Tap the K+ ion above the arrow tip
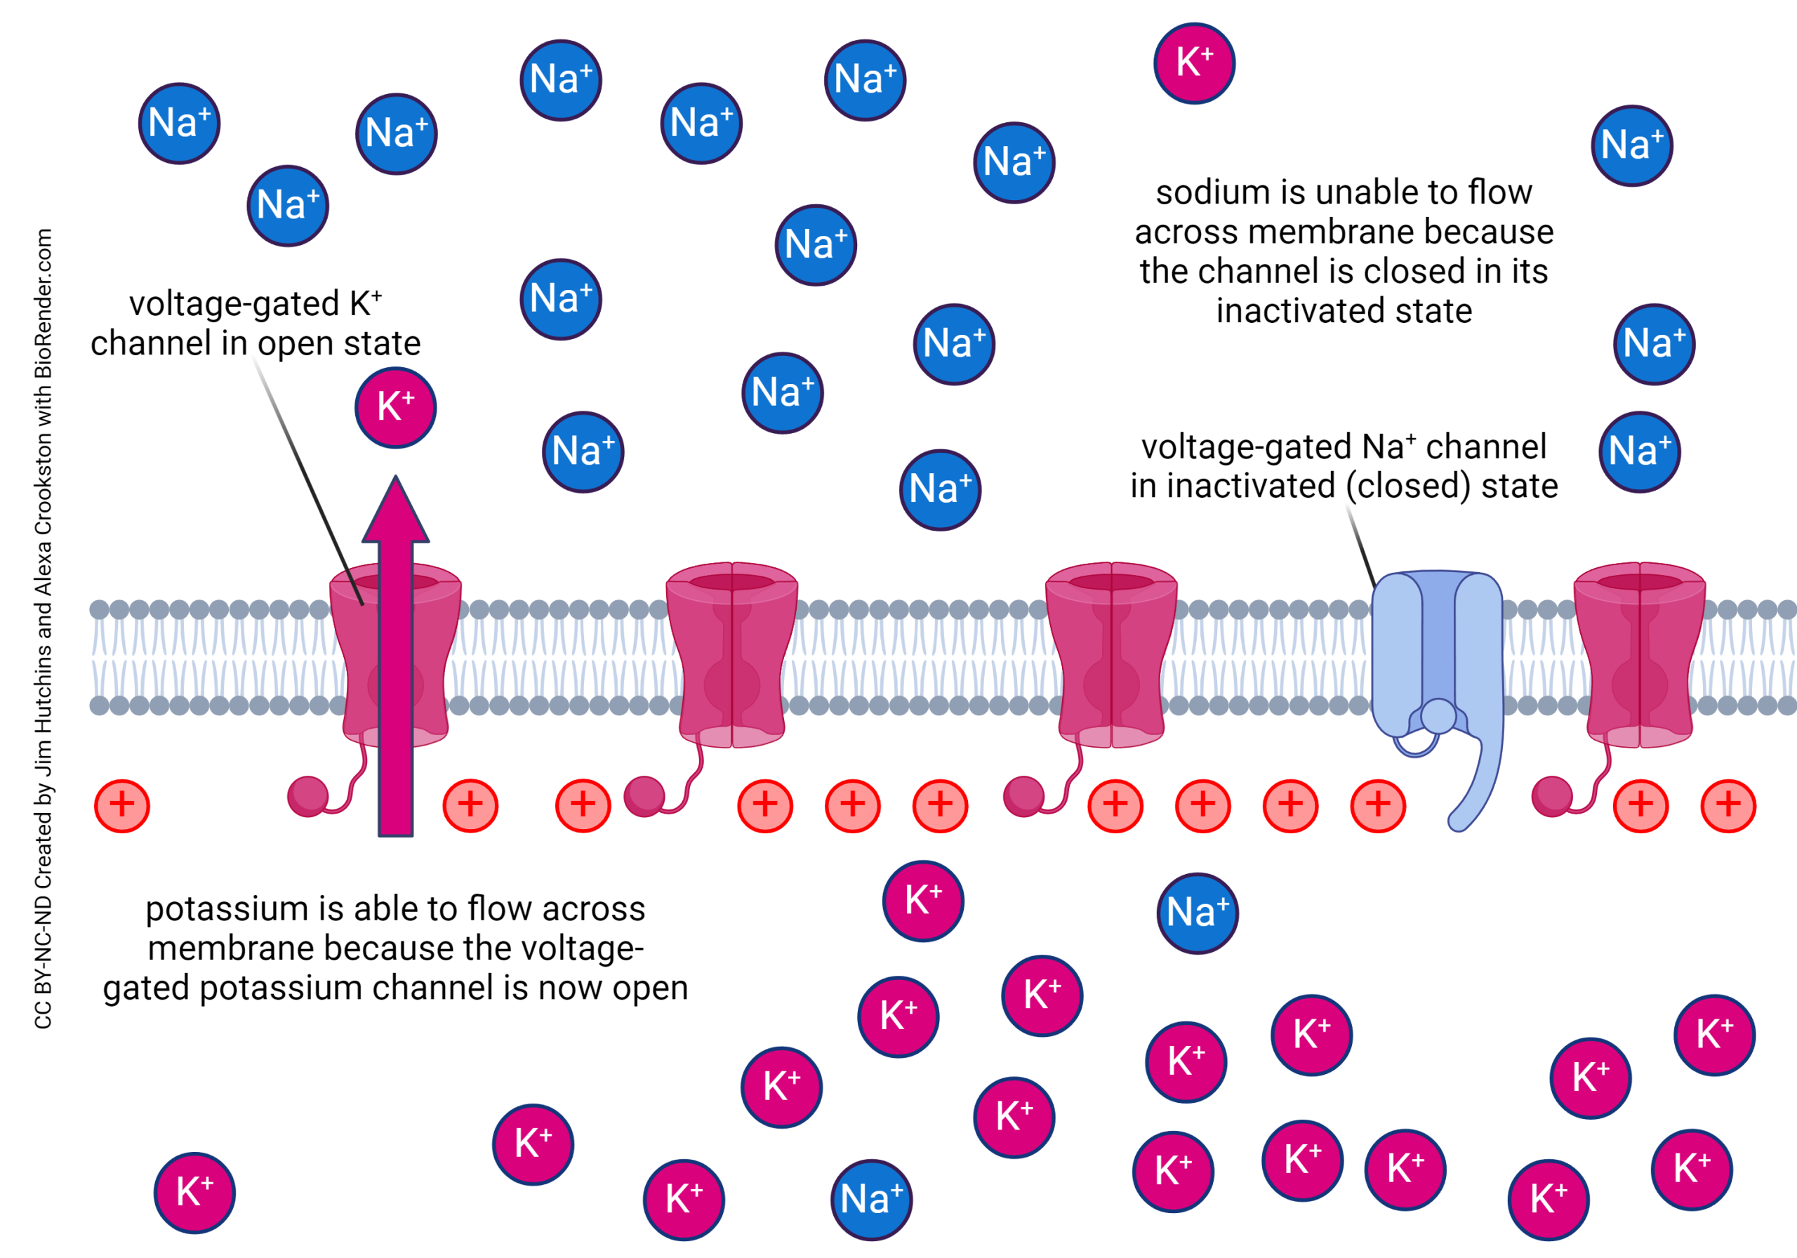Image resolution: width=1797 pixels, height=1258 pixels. coord(395,407)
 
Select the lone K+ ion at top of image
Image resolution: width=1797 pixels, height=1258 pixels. coord(1194,62)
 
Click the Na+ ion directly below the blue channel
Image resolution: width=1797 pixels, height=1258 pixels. coord(1198,913)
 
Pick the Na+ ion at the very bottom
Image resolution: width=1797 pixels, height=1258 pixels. coord(871,1199)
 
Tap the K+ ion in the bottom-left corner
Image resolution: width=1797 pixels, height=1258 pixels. coord(194,1192)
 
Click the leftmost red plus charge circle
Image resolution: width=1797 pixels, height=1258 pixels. coord(121,805)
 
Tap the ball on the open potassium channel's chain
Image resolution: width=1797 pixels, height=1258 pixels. coord(307,797)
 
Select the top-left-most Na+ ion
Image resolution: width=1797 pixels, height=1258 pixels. coord(179,123)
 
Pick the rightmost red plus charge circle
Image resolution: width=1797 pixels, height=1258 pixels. coord(1728,805)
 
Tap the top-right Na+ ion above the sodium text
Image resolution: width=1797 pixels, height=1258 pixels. coord(1632,145)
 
